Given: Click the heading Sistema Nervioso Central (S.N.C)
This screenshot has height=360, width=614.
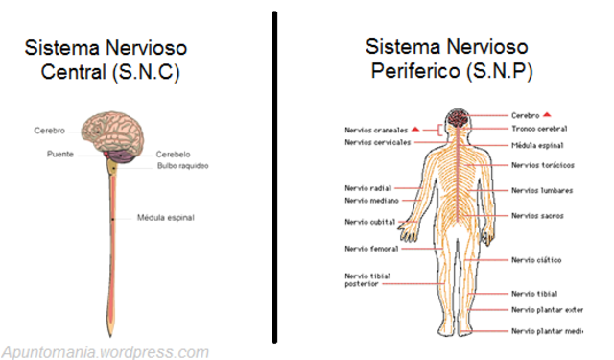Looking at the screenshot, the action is tap(106, 60).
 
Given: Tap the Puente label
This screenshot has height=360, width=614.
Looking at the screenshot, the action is tap(60, 154).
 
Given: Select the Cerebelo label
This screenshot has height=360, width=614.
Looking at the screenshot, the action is tap(173, 154).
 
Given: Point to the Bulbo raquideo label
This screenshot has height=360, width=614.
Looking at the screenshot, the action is tap(183, 166).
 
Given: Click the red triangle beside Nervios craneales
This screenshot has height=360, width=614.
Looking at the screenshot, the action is tap(415, 129).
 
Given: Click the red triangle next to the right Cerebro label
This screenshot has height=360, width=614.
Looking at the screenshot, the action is tap(547, 115).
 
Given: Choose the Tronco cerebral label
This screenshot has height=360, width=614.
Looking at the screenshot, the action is tap(539, 129).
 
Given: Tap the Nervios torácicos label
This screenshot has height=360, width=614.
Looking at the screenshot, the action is tap(543, 165).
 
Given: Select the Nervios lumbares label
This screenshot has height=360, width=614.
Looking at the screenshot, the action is tap(542, 191).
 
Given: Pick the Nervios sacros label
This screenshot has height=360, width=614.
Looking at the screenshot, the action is tap(537, 216).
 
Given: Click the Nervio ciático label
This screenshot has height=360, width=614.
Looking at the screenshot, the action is tap(536, 260).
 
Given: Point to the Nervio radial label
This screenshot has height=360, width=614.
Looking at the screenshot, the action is tap(368, 188).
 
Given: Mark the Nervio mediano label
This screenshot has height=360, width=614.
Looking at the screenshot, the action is tap(371, 201).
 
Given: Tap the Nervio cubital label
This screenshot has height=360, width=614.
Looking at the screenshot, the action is tap(370, 222).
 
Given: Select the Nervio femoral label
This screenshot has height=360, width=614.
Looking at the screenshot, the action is tap(371, 249).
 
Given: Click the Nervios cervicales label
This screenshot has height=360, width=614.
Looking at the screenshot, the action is tap(377, 142).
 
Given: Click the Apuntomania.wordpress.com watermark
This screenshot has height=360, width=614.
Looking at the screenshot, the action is tap(106, 351).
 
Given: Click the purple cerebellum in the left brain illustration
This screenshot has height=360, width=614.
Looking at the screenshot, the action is tap(122, 156).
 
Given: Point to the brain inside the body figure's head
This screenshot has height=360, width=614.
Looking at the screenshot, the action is tap(459, 118).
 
